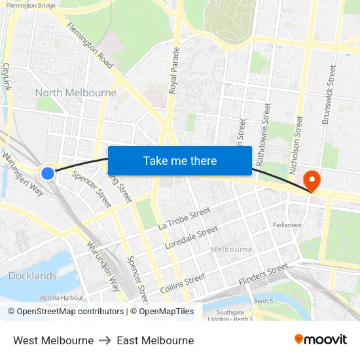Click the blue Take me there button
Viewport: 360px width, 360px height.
pyautogui.click(x=180, y=161)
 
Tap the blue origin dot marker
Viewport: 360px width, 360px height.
pyautogui.click(x=48, y=173)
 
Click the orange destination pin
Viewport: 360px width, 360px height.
pyautogui.click(x=312, y=179)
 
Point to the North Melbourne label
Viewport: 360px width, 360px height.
pyautogui.click(x=75, y=93)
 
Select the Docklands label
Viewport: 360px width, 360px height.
pyautogui.click(x=32, y=276)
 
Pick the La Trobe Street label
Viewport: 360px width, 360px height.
pyautogui.click(x=184, y=218)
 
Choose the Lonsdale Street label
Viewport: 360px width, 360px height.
pyautogui.click(x=191, y=237)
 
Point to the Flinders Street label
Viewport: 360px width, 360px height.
pyautogui.click(x=263, y=274)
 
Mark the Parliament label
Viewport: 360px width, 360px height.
pyautogui.click(x=287, y=225)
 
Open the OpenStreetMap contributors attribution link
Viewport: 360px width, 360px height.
pyautogui.click(x=65, y=312)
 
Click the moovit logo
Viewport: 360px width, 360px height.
pyautogui.click(x=320, y=339)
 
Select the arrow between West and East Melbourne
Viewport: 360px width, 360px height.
pyautogui.click(x=105, y=340)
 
